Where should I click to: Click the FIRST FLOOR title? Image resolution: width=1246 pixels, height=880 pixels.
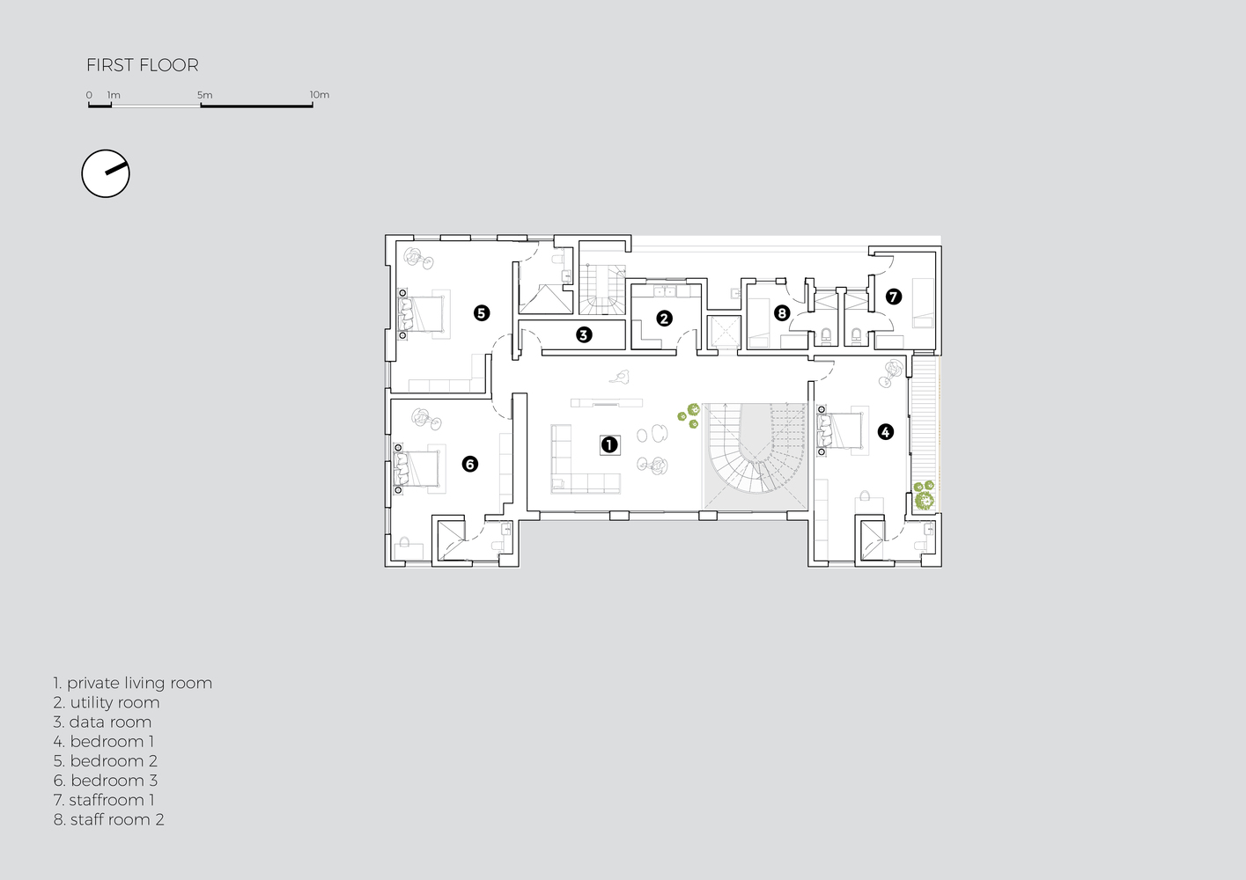(142, 65)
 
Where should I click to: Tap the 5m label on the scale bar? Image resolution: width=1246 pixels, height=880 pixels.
(204, 95)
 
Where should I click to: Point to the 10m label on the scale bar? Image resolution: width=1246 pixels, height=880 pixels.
(319, 95)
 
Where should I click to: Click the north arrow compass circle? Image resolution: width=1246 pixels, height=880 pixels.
(106, 173)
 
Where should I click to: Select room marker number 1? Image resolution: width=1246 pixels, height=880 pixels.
(608, 444)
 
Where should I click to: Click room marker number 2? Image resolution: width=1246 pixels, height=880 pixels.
(664, 319)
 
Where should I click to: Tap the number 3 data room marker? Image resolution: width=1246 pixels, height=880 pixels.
(583, 334)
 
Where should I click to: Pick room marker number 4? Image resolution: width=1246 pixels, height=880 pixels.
(885, 431)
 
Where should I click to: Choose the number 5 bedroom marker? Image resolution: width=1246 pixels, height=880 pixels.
(481, 312)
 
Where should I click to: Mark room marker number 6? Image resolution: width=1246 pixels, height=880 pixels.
(469, 464)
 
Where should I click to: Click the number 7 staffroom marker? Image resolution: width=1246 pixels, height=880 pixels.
(894, 297)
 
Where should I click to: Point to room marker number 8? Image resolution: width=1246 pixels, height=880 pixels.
(781, 312)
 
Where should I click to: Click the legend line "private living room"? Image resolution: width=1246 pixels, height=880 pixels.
(132, 683)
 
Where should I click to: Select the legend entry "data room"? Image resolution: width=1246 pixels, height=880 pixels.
(102, 722)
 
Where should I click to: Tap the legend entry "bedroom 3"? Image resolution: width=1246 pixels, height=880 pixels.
(105, 781)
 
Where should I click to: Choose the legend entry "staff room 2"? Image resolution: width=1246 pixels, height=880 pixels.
(108, 819)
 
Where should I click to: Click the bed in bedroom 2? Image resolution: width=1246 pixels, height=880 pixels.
(424, 312)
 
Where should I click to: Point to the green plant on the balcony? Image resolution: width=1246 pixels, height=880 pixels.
(923, 497)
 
